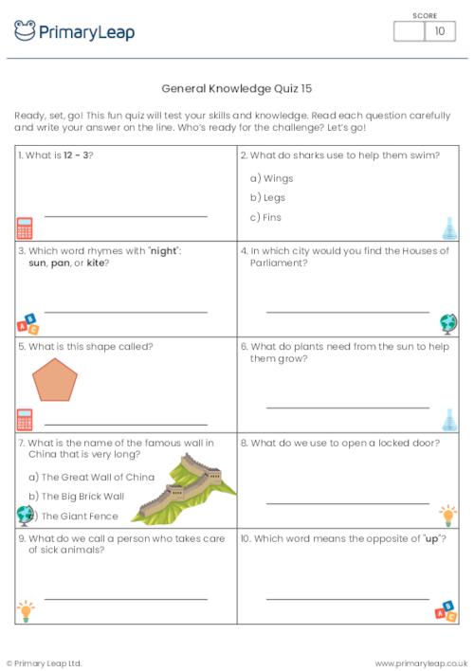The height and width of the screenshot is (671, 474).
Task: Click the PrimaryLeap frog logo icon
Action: point(25,31)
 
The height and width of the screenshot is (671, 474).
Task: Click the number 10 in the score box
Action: point(439,31)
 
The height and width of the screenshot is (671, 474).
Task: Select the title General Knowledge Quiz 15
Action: point(237,88)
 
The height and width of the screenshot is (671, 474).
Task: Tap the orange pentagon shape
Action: point(58,381)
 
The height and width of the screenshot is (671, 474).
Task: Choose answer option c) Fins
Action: point(265,217)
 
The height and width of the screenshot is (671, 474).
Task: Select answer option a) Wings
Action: point(271,178)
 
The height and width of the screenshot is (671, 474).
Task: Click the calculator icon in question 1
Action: point(25,227)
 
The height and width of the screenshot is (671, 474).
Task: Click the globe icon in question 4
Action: point(448,323)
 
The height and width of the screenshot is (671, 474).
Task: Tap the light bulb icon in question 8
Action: point(448,516)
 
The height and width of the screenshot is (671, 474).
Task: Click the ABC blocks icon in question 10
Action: point(445,610)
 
